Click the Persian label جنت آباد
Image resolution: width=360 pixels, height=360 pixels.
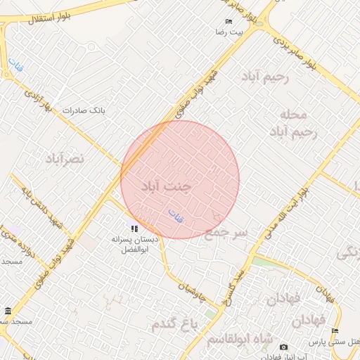click(166, 187)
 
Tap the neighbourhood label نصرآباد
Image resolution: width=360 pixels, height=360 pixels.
click(64, 158)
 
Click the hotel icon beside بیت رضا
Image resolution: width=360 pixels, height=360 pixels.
click(229, 22)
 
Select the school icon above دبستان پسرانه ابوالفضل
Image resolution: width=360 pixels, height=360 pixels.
click(134, 228)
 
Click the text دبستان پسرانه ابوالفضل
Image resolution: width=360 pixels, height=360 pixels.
click(135, 244)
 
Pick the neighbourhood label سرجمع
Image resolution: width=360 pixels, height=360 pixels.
click(226, 233)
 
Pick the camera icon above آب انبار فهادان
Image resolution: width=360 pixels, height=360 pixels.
click(283, 347)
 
